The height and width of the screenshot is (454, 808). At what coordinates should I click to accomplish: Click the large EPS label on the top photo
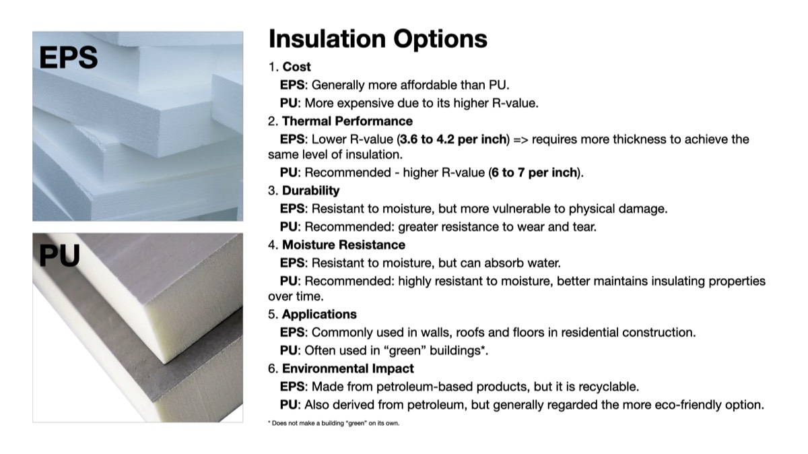tap(68, 57)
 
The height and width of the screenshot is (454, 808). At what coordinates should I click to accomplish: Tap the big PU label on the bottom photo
tap(59, 255)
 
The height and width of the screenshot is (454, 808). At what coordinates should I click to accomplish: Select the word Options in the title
tap(440, 39)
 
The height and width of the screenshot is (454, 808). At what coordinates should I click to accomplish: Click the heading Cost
tap(296, 67)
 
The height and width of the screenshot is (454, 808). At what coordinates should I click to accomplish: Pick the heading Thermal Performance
tap(347, 121)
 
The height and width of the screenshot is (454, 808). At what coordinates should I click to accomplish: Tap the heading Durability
tap(310, 191)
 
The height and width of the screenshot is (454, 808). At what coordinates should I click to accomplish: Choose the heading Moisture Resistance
tap(343, 245)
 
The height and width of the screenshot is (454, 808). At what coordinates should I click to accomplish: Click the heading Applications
tap(319, 315)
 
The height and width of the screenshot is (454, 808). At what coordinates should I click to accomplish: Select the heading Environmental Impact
tap(347, 368)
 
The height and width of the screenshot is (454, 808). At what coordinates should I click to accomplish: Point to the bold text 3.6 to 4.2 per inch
tap(453, 139)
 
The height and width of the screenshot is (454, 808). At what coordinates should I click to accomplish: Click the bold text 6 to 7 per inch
tap(534, 172)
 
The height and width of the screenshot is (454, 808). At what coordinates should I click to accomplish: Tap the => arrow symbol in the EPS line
tap(520, 139)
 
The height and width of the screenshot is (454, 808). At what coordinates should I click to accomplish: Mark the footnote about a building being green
tap(334, 423)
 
